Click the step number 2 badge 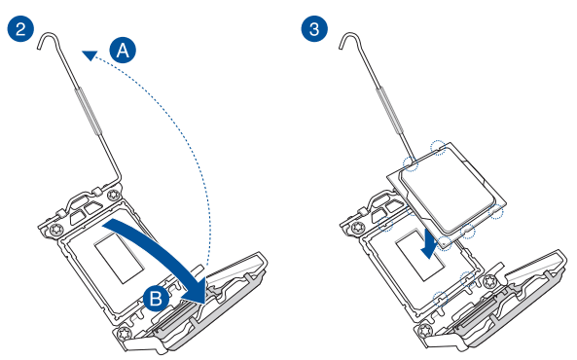[x=20, y=28]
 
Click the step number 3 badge [x=314, y=28]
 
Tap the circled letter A [x=123, y=50]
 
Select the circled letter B [x=156, y=298]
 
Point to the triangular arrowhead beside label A [x=90, y=55]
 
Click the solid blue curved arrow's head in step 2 [x=194, y=290]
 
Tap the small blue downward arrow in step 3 [x=429, y=244]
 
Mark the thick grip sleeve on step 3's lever [x=388, y=111]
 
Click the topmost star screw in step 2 [x=113, y=196]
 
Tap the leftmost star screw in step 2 [x=56, y=229]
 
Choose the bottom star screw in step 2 [x=124, y=333]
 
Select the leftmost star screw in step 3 [x=357, y=228]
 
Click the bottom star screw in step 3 [x=424, y=330]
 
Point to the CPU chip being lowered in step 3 [x=447, y=189]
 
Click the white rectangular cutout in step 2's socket [x=119, y=260]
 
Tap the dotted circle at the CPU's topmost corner [x=438, y=147]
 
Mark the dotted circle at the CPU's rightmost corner [x=495, y=212]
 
